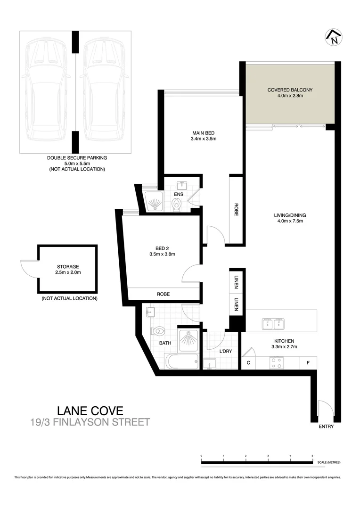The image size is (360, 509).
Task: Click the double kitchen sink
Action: click(273, 324)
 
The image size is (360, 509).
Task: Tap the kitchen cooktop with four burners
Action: click(276, 362)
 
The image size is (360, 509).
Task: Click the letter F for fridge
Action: click(308, 363)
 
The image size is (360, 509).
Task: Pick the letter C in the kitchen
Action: click(248, 363)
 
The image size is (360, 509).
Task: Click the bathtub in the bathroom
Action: click(181, 362)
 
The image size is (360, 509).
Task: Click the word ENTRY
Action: click(326, 427)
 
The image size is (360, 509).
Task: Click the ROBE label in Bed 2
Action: click(164, 294)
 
